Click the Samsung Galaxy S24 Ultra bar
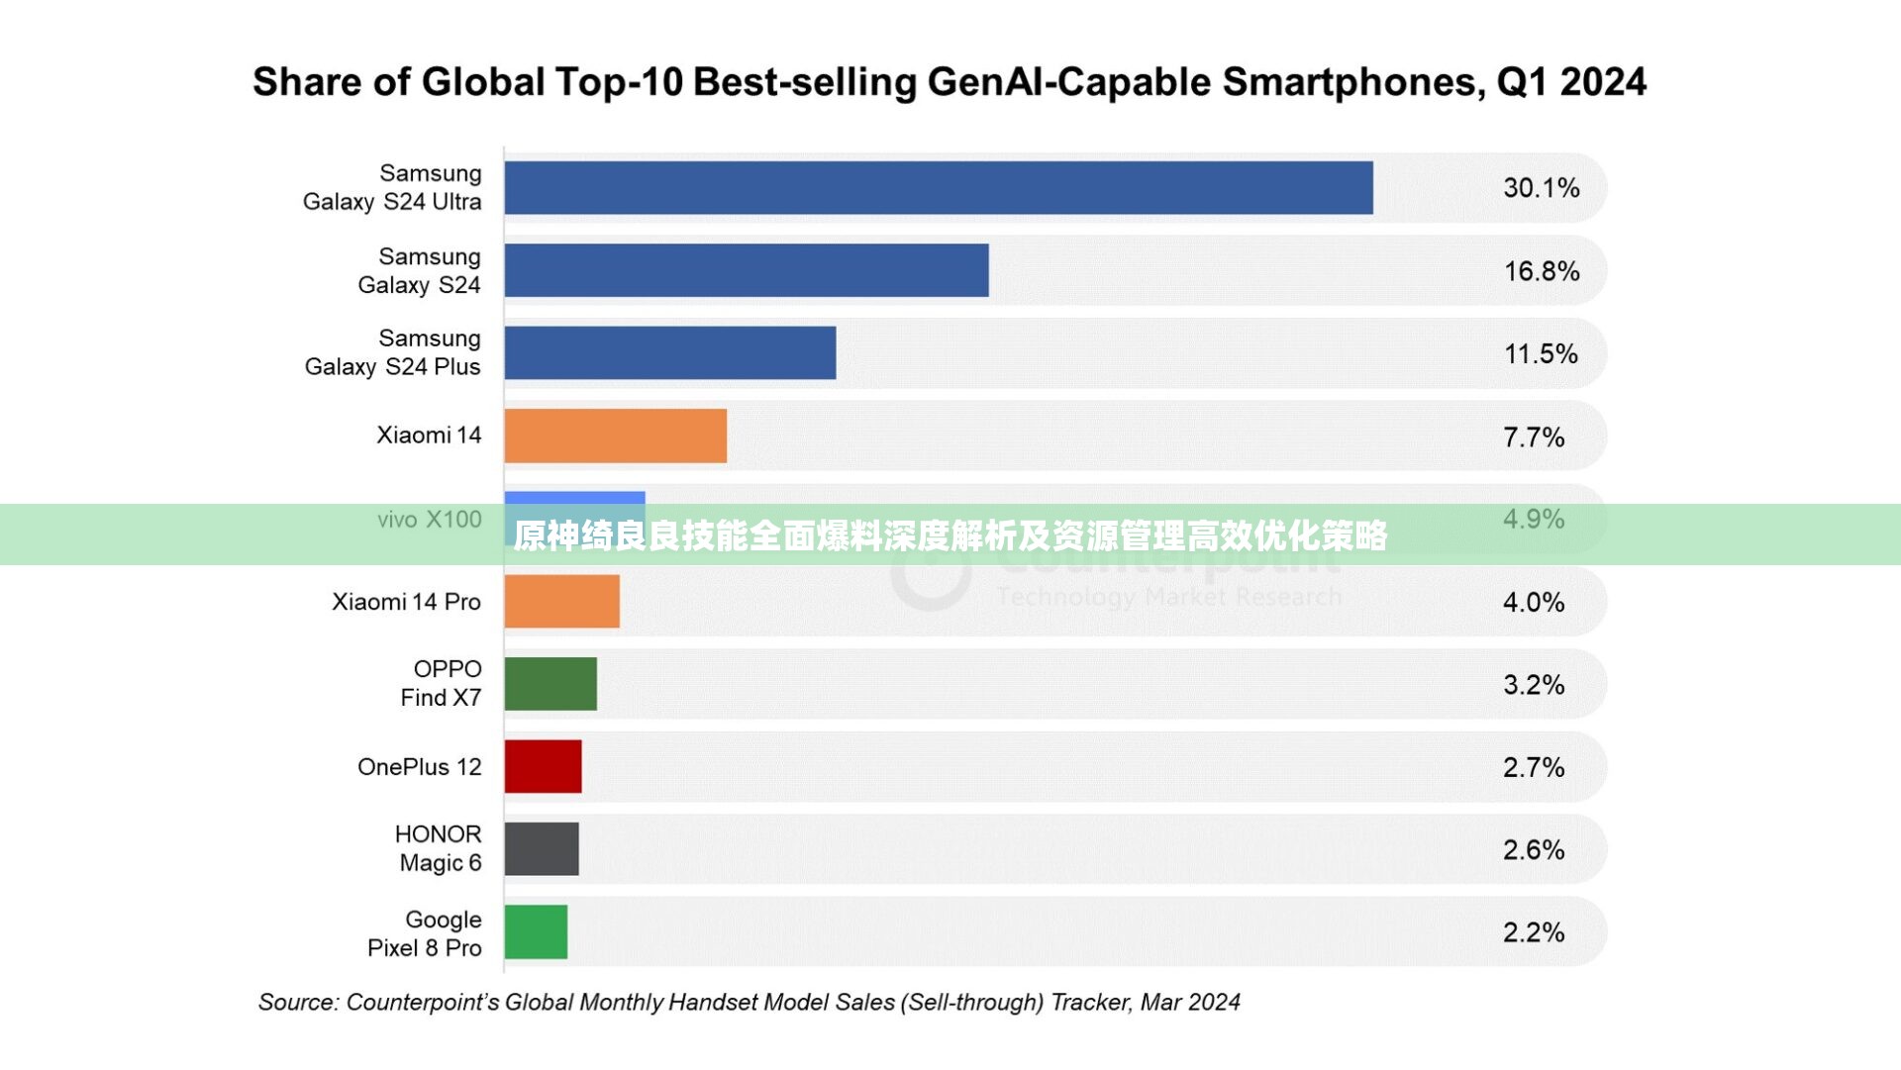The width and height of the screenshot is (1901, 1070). [938, 188]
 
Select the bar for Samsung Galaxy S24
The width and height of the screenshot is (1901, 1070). [746, 270]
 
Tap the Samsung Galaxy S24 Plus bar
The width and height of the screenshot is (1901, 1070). [669, 353]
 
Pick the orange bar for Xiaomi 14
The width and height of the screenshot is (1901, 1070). [615, 436]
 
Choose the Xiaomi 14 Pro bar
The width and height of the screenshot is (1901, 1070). [561, 601]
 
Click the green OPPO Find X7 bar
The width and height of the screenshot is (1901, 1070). [550, 684]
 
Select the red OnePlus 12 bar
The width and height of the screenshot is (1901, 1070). [543, 766]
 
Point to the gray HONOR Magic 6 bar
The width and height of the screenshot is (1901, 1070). [541, 849]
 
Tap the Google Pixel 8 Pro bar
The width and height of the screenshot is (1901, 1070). [536, 931]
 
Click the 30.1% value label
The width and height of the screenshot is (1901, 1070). [1541, 188]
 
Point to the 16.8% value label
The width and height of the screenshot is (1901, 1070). [1541, 271]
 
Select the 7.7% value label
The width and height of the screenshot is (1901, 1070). [1533, 437]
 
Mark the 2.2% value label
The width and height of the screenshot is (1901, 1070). [1533, 932]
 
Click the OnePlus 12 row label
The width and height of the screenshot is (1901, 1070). [419, 767]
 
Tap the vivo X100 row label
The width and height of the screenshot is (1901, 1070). [429, 520]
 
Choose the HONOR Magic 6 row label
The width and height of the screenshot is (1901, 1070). [439, 848]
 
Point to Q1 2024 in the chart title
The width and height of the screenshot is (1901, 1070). [1571, 82]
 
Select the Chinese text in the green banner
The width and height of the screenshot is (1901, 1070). [950, 535]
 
